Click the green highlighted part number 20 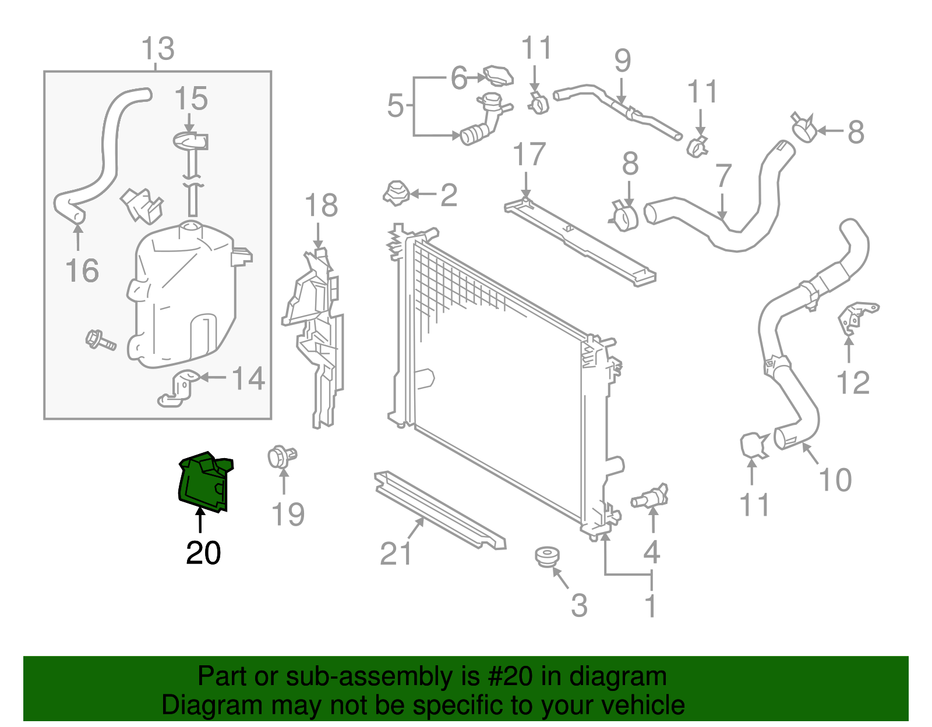204,482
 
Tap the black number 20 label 203,553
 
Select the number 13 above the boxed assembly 158,49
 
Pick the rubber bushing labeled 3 546,556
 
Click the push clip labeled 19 282,457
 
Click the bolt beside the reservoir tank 100,340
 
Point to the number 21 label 396,554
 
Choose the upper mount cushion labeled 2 397,193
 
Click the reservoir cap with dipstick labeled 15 190,141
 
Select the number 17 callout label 529,155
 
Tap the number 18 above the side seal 321,206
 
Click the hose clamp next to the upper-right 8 804,128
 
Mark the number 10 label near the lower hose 835,480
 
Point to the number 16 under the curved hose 82,271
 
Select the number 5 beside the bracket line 396,106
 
